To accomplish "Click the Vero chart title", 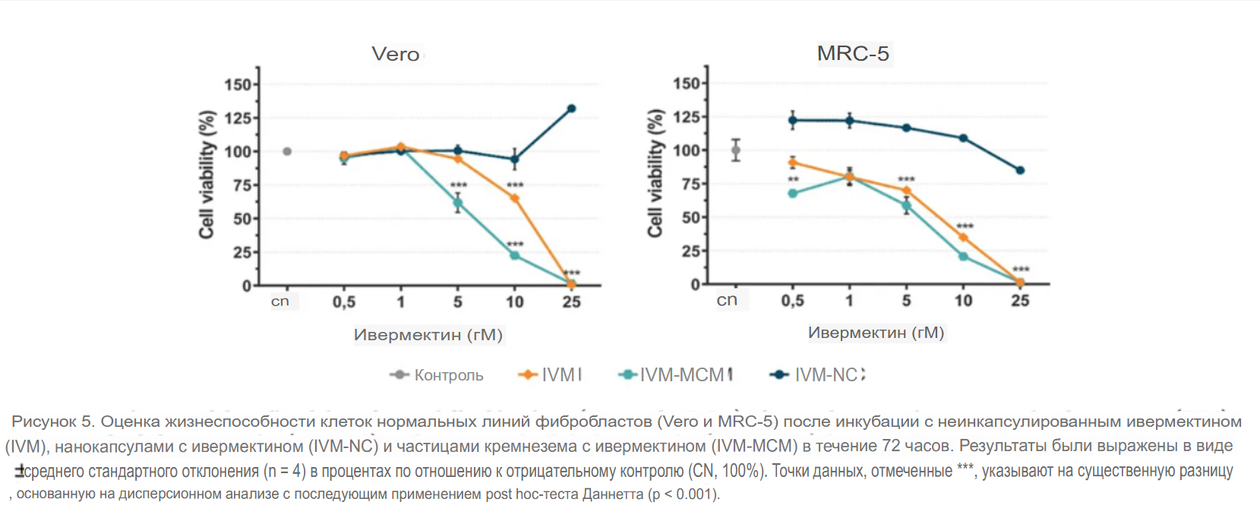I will tap(395, 54).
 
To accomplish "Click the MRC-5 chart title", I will tap(853, 53).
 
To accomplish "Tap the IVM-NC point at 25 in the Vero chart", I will tap(571, 109).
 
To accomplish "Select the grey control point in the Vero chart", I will tap(287, 151).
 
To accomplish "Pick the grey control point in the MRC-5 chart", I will tap(735, 150).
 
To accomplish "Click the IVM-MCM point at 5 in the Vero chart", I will tap(458, 203).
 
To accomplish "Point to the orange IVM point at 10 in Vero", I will tap(514, 198).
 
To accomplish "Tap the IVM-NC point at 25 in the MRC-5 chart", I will tap(1020, 170).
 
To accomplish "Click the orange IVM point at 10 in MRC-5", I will tap(963, 237).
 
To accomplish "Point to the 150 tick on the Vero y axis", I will tap(238, 84).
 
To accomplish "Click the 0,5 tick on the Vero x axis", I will tap(344, 302).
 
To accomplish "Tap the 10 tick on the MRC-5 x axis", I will tap(963, 301).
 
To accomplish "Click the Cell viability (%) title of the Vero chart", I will tap(207, 175).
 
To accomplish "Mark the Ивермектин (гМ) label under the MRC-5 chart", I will tap(876, 333).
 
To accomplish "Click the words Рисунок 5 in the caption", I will tap(52, 422).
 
